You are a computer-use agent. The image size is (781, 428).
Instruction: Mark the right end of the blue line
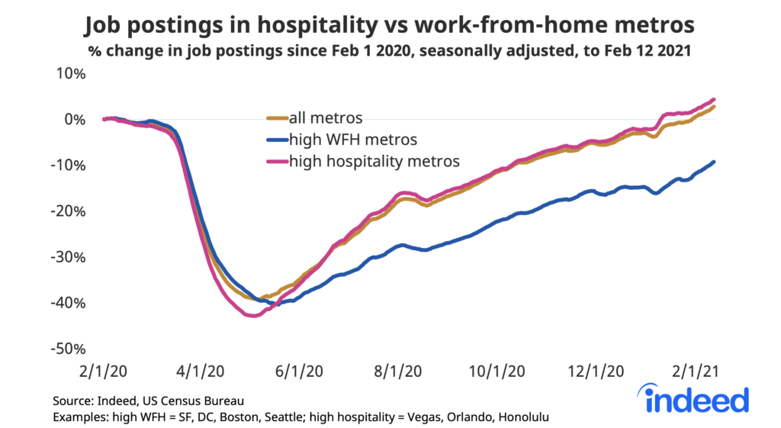[713, 162]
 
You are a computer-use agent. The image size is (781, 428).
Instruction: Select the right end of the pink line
[713, 99]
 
